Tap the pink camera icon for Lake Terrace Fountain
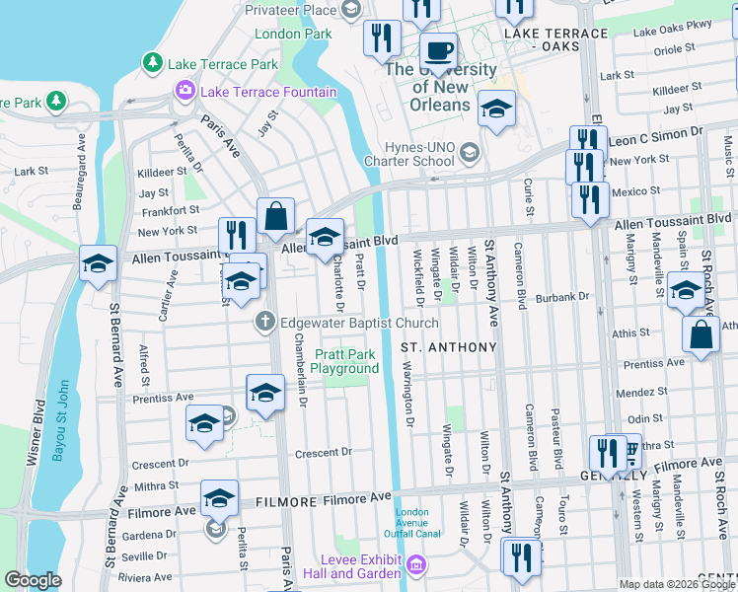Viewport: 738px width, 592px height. tap(184, 92)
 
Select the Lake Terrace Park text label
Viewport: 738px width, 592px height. tap(223, 64)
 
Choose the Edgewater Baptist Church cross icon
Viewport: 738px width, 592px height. tap(264, 323)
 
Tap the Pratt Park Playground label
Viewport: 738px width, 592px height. tap(344, 361)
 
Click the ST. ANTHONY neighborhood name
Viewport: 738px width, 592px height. tap(448, 347)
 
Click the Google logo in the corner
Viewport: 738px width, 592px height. tap(33, 579)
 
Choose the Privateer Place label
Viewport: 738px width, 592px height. tap(291, 10)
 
